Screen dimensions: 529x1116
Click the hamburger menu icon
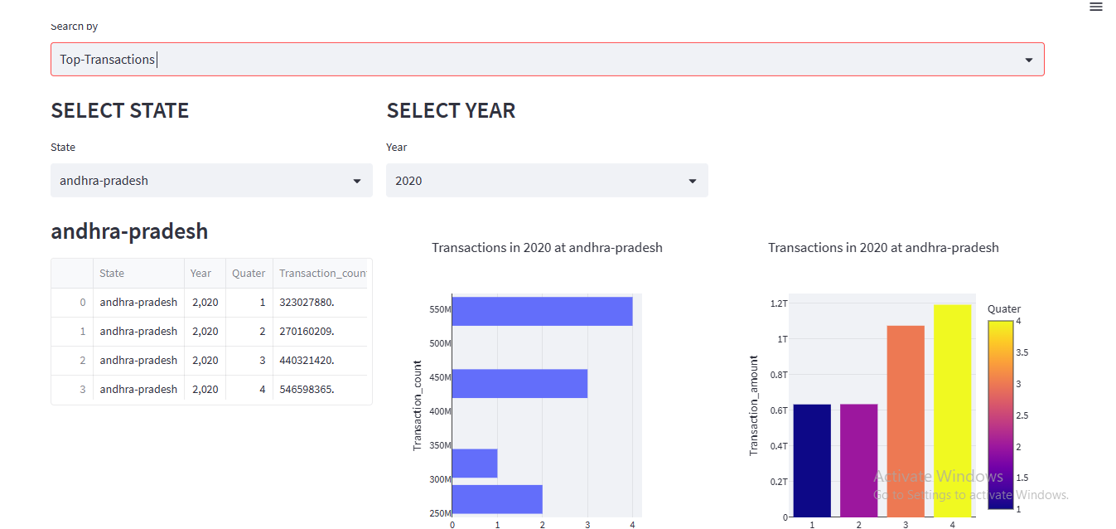pos(1095,7)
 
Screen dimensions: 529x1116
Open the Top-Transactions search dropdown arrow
pos(1028,60)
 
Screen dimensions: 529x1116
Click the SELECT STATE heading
pos(120,110)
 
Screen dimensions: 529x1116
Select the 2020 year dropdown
pos(547,180)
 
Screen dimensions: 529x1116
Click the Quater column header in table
pos(249,273)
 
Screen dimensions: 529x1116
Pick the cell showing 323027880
pos(307,302)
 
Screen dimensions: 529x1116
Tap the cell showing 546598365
pos(307,389)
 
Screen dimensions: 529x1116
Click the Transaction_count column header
pos(322,273)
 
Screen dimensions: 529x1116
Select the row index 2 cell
pos(82,360)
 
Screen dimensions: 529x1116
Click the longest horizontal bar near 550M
pos(542,312)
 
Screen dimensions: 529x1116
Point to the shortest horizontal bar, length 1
pos(474,463)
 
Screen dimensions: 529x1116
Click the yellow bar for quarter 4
pos(952,410)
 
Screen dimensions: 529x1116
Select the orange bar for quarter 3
pos(906,421)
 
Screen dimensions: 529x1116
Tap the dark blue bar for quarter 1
pos(812,460)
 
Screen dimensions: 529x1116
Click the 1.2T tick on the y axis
pos(779,303)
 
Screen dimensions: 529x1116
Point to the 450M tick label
pos(439,377)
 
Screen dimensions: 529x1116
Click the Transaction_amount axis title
pos(754,405)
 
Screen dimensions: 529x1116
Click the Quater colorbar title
pos(1003,308)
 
